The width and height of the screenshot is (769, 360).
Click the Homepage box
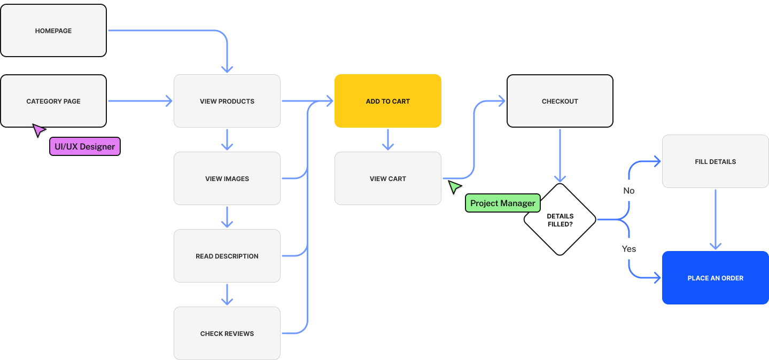(53, 30)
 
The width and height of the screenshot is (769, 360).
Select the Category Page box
(53, 101)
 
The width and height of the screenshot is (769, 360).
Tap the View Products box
(227, 101)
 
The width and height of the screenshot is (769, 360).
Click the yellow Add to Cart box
(388, 101)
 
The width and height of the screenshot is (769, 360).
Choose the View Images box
(227, 178)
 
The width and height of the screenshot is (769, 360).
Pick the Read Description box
(227, 256)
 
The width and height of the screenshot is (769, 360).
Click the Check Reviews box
(227, 333)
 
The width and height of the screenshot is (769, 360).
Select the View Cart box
(388, 178)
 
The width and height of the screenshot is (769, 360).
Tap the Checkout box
(560, 101)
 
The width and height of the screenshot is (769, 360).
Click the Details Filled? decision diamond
(560, 220)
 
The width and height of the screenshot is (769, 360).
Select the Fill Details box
(716, 161)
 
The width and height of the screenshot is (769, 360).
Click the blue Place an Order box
(716, 278)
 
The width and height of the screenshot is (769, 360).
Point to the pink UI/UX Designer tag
(85, 146)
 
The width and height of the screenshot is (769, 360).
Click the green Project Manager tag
(502, 203)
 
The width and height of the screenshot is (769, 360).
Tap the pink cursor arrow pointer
(39, 130)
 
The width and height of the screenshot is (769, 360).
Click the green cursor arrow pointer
(455, 187)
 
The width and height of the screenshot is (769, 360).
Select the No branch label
(629, 191)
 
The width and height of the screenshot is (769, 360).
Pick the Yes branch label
(629, 249)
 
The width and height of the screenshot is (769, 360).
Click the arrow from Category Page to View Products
(140, 101)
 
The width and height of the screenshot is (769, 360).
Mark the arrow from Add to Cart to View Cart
(388, 140)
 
